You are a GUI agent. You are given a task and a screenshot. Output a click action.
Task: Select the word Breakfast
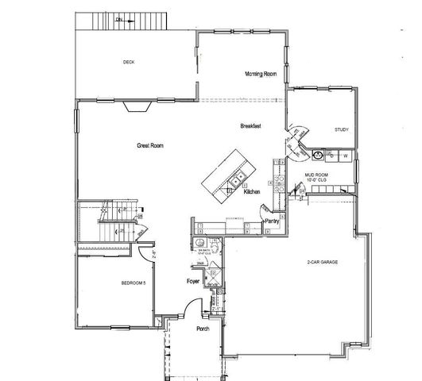click(x=251, y=127)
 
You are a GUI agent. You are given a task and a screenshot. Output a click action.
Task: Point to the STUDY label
click(x=342, y=129)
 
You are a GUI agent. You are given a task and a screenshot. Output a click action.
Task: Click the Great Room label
click(x=149, y=145)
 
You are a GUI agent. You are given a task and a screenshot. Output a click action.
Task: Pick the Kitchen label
click(x=252, y=192)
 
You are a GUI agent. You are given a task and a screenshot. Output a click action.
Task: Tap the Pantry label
click(x=272, y=221)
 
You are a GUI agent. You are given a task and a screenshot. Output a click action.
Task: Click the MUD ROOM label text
click(x=316, y=175)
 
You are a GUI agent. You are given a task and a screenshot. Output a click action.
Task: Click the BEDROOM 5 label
click(x=134, y=283)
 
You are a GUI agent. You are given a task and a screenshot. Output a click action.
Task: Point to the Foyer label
click(x=192, y=281)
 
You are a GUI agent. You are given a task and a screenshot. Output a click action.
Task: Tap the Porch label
click(x=203, y=329)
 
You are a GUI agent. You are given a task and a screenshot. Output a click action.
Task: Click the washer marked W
click(x=347, y=156)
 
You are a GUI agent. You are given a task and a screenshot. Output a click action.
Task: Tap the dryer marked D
click(x=333, y=156)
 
